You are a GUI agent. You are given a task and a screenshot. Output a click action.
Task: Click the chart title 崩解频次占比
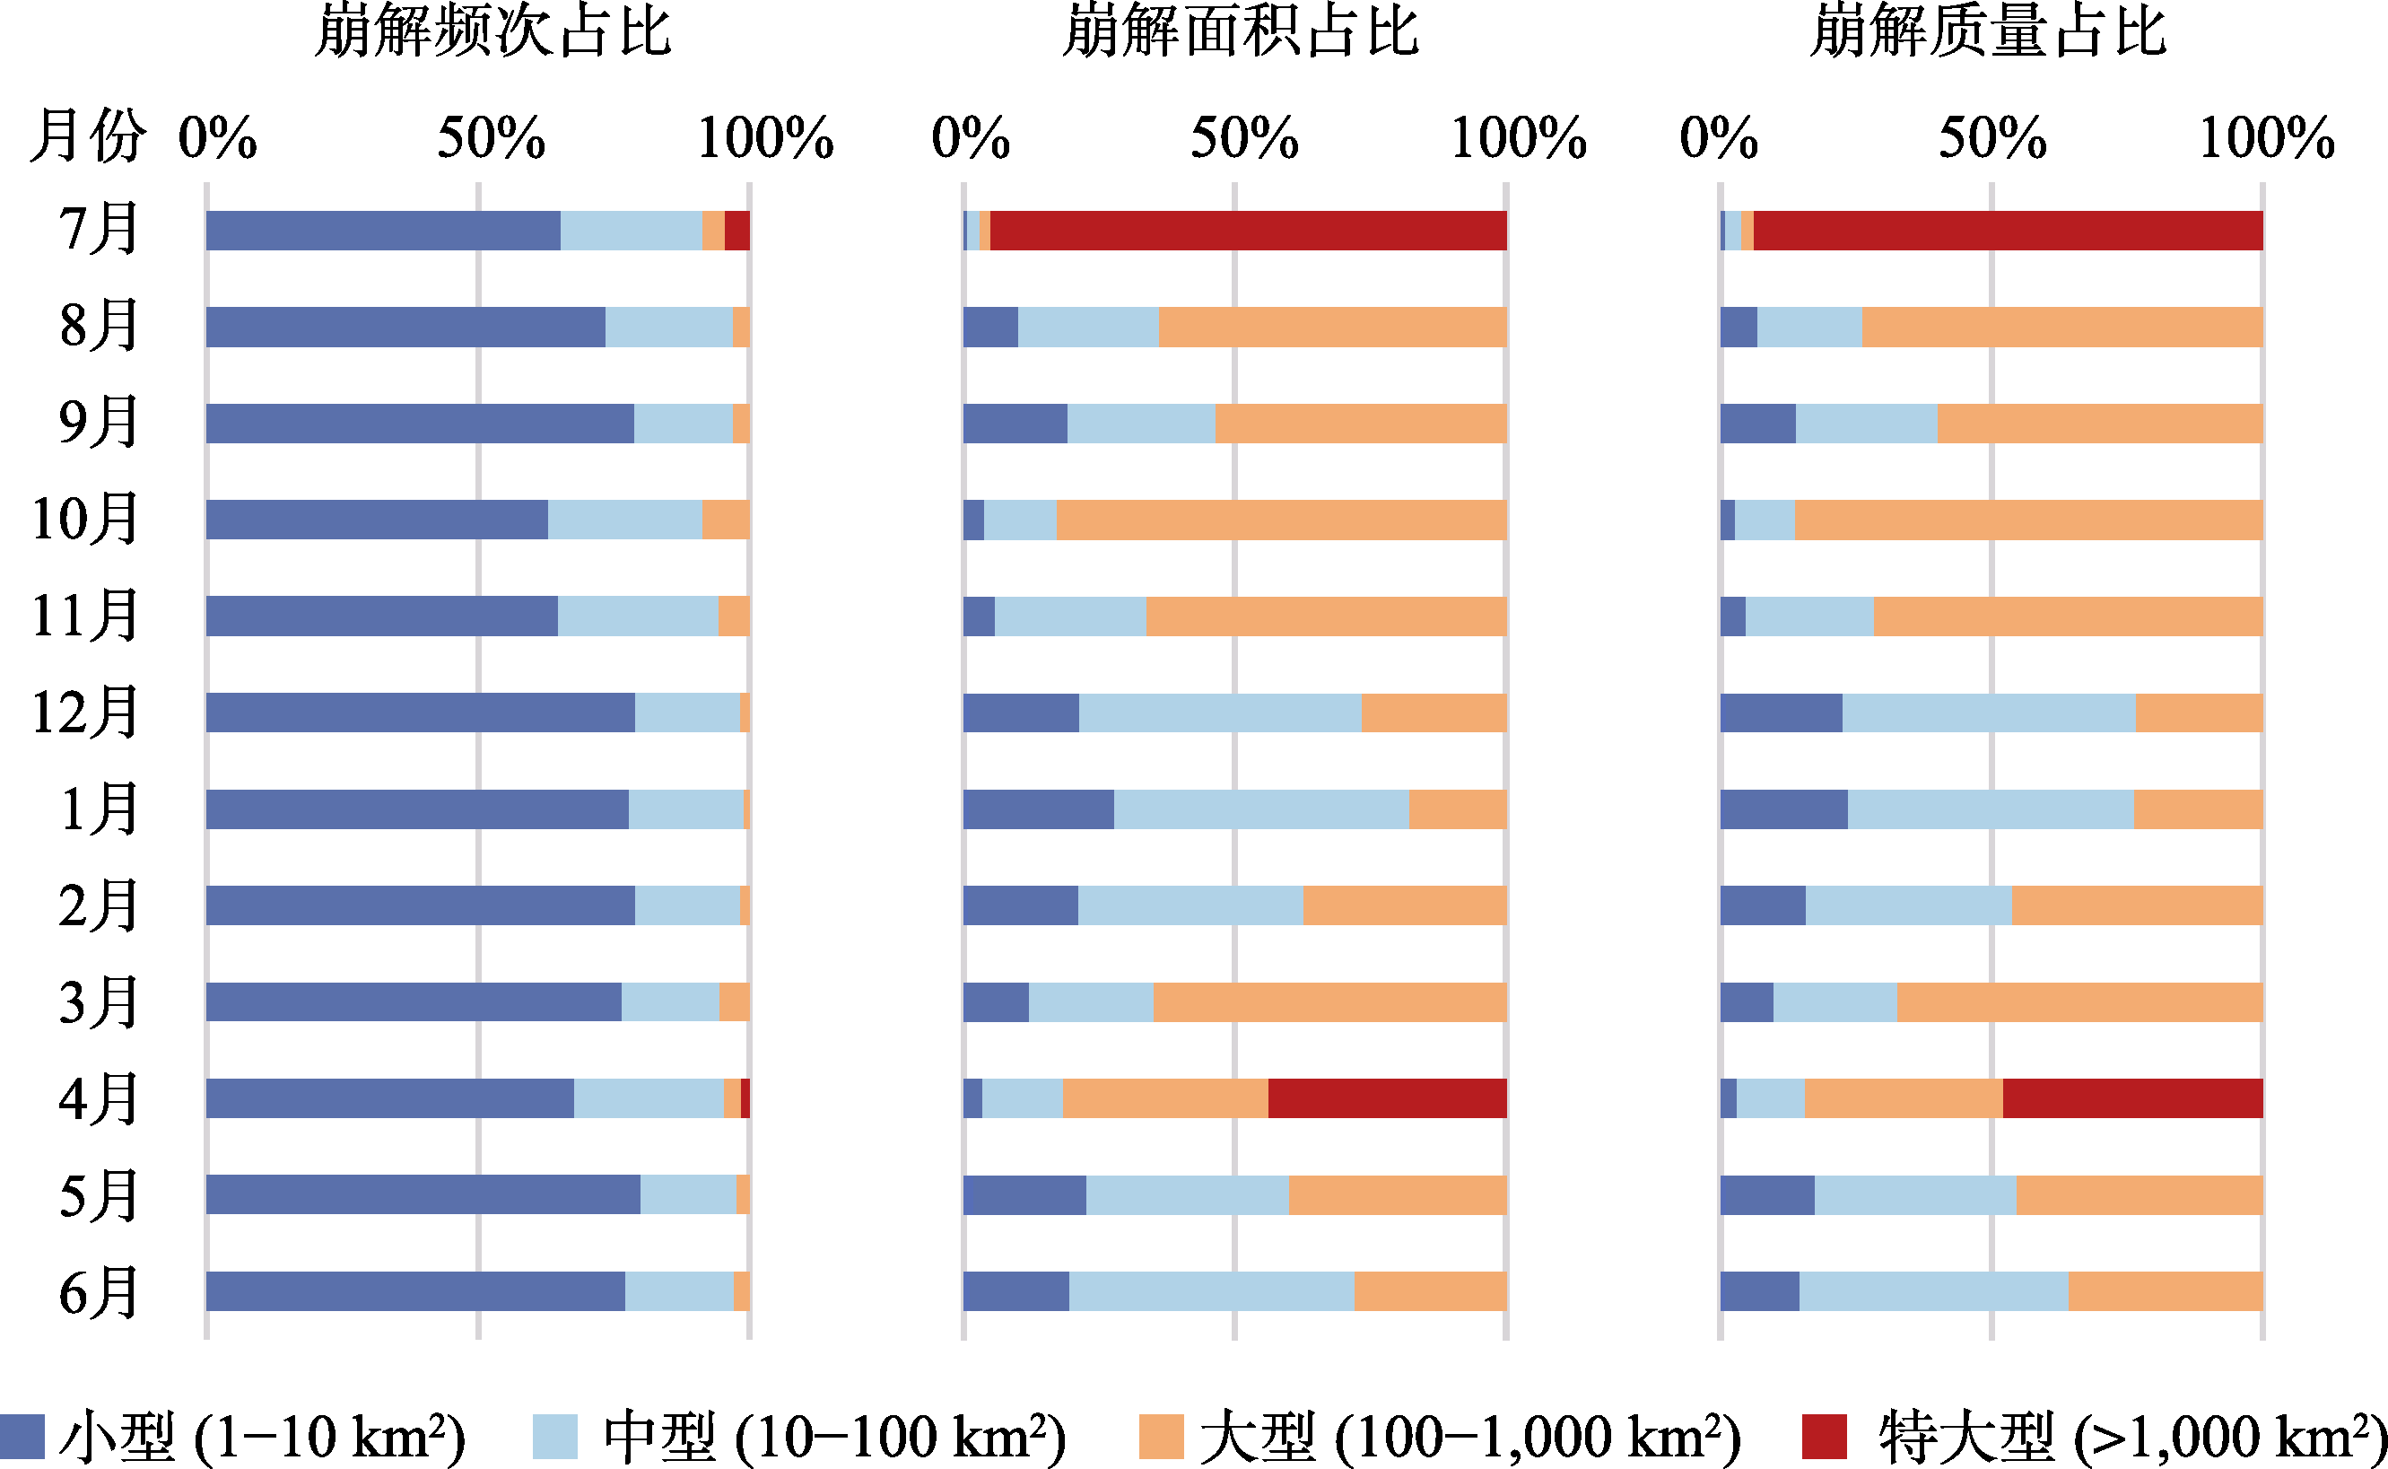(x=492, y=31)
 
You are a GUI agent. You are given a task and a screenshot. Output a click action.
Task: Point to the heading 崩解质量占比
(x=1988, y=31)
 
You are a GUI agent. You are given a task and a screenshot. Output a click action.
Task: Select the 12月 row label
(x=85, y=713)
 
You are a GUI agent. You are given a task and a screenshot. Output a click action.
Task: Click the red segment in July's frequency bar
(x=737, y=231)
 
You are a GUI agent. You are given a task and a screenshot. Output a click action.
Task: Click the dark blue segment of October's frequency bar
(x=377, y=520)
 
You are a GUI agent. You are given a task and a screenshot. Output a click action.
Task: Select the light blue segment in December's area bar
(x=1220, y=713)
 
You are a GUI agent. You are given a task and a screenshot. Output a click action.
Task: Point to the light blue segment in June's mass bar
(x=1933, y=1291)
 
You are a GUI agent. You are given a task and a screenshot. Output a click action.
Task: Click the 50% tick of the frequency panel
(x=492, y=138)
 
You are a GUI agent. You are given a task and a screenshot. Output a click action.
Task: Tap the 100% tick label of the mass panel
(x=2267, y=138)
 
